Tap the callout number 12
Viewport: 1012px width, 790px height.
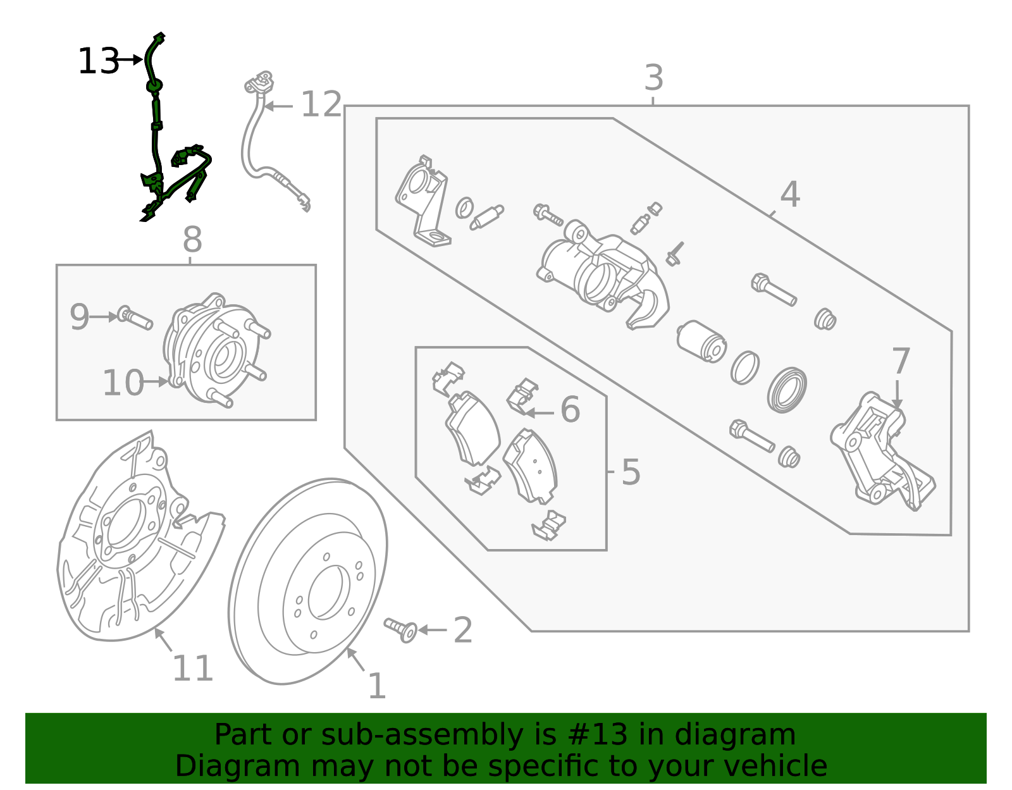[x=321, y=105]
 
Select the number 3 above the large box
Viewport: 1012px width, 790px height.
[x=653, y=78]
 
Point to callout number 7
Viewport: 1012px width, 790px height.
[x=901, y=362]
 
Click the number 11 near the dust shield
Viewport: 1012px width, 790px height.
[x=192, y=669]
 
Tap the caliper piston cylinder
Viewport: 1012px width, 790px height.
[x=701, y=342]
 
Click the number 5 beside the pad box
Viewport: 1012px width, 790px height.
[x=630, y=472]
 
